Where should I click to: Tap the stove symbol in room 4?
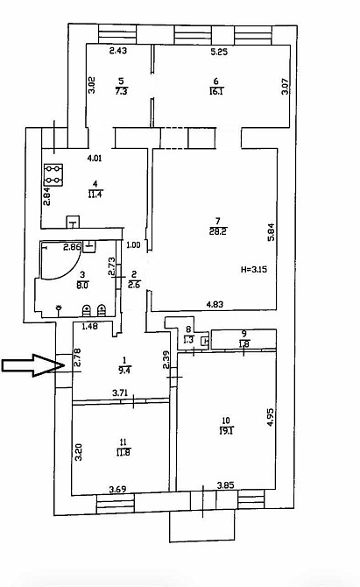click(x=54, y=173)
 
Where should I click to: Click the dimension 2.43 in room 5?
click(x=119, y=53)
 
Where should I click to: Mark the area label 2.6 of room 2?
click(x=133, y=284)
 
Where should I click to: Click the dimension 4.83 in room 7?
click(x=215, y=305)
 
